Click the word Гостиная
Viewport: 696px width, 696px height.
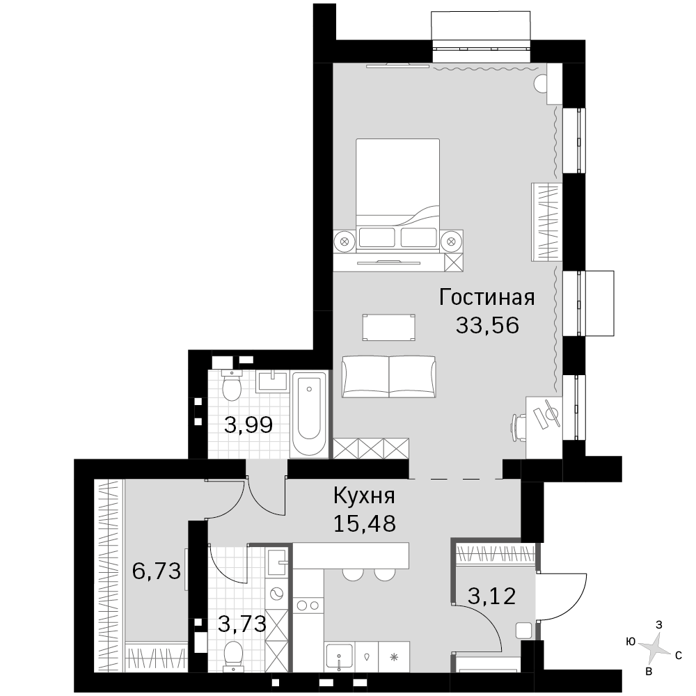click(x=487, y=298)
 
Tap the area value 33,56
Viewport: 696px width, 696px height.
click(x=487, y=326)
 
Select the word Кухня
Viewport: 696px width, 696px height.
click(x=364, y=496)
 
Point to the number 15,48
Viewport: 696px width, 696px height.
click(x=365, y=524)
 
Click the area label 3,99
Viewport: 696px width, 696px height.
click(x=248, y=426)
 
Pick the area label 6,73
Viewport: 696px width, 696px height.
click(x=157, y=571)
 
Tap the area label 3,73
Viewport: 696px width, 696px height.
click(x=242, y=624)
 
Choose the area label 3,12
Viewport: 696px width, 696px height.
click(x=492, y=596)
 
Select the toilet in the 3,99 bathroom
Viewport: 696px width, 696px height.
click(x=231, y=385)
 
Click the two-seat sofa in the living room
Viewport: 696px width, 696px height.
click(x=389, y=377)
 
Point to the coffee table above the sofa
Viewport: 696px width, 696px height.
click(x=389, y=328)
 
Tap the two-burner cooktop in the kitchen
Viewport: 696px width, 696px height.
click(x=308, y=605)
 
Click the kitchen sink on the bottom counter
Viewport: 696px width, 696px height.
click(x=340, y=656)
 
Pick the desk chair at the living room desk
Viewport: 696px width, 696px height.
click(x=519, y=426)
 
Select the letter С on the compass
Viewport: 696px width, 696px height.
click(x=678, y=655)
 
